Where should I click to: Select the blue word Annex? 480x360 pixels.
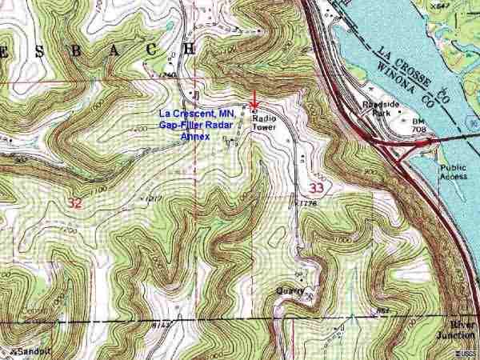(194, 137)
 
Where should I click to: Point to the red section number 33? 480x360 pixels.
(317, 187)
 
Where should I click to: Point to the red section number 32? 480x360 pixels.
(75, 204)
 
